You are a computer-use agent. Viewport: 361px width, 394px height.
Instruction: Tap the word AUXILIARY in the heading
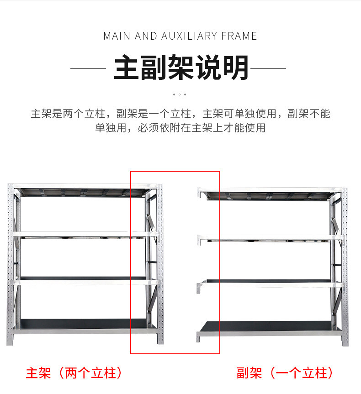(189, 36)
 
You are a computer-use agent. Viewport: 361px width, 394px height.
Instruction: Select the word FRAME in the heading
(239, 36)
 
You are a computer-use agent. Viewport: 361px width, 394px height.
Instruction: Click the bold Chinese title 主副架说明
(181, 68)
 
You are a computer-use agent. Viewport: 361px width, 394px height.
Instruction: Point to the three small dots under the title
(180, 95)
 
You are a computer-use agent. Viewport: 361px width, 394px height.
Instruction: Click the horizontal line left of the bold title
(88, 68)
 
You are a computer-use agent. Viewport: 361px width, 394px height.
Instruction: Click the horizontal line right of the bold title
(268, 68)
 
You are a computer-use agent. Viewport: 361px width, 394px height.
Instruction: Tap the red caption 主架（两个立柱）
(74, 373)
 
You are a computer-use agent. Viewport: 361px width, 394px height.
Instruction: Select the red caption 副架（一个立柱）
(285, 373)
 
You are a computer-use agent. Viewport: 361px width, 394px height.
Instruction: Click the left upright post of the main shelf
(11, 264)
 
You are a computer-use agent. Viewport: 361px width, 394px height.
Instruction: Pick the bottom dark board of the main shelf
(83, 324)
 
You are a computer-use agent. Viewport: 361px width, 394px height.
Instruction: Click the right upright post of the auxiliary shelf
(345, 266)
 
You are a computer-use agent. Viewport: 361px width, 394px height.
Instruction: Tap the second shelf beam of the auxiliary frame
(271, 237)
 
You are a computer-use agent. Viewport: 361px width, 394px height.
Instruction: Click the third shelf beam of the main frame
(84, 282)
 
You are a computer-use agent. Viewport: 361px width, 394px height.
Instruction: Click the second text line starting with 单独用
(180, 128)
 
